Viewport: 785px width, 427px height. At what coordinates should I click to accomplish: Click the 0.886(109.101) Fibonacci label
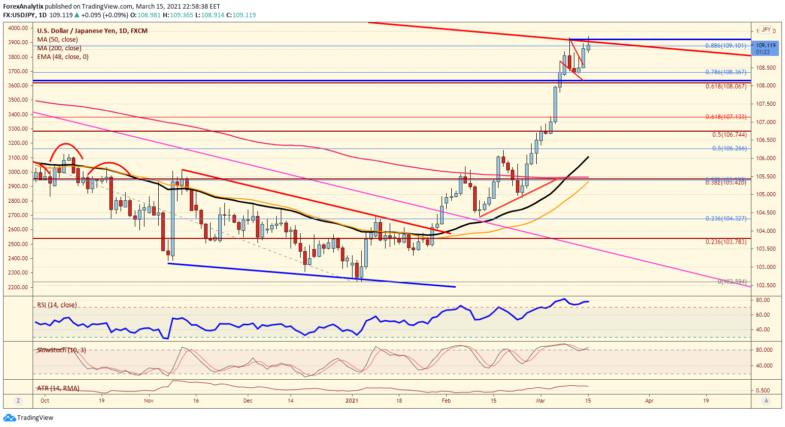(x=725, y=46)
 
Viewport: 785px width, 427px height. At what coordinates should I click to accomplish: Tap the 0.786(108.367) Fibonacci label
(x=725, y=72)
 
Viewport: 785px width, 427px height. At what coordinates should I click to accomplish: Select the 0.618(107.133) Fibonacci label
(x=725, y=117)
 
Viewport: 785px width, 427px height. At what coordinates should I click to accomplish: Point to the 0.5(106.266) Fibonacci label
(x=729, y=148)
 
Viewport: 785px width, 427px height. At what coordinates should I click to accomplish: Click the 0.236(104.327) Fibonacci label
(x=725, y=219)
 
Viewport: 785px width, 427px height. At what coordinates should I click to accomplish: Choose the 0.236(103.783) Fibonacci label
(x=725, y=242)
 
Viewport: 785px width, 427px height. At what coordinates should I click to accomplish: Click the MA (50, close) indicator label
(x=57, y=40)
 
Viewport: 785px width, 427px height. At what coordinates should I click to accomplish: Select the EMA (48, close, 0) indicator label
(x=63, y=57)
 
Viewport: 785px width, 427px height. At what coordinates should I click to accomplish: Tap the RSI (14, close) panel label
(x=57, y=305)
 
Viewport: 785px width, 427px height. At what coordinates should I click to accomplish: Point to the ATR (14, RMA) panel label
(x=58, y=388)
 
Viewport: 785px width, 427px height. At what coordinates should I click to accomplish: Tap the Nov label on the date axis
(x=149, y=401)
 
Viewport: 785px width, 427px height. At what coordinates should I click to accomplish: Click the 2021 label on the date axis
(x=353, y=401)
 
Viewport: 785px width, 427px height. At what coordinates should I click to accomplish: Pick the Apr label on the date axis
(x=649, y=401)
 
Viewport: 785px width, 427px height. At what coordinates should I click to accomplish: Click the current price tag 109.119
(x=766, y=45)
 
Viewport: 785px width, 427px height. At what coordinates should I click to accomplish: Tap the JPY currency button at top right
(x=766, y=30)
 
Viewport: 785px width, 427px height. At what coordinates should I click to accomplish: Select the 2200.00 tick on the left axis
(x=18, y=287)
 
